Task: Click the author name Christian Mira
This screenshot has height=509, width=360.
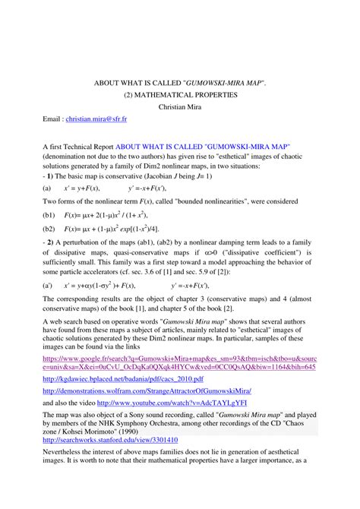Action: coord(180,107)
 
